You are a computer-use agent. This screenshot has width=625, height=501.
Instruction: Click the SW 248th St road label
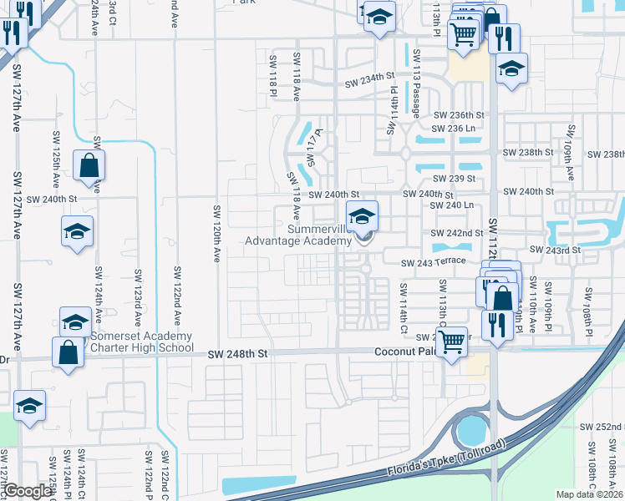tap(239, 354)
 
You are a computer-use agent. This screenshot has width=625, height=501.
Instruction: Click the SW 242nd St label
tap(457, 233)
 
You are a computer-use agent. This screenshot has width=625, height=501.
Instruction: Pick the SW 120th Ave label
tap(216, 235)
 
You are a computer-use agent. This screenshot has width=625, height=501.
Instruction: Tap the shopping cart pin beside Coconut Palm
tap(452, 341)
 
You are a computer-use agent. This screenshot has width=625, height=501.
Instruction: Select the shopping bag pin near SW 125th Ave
tap(89, 166)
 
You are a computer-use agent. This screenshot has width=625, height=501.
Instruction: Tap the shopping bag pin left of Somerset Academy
tap(68, 352)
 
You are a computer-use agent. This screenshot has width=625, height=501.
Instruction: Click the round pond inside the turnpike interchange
tap(471, 432)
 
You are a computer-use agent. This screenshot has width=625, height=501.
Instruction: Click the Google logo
tap(28, 492)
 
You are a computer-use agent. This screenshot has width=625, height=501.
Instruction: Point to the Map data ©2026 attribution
tap(590, 494)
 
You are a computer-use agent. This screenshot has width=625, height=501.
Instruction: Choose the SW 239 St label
tap(454, 179)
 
